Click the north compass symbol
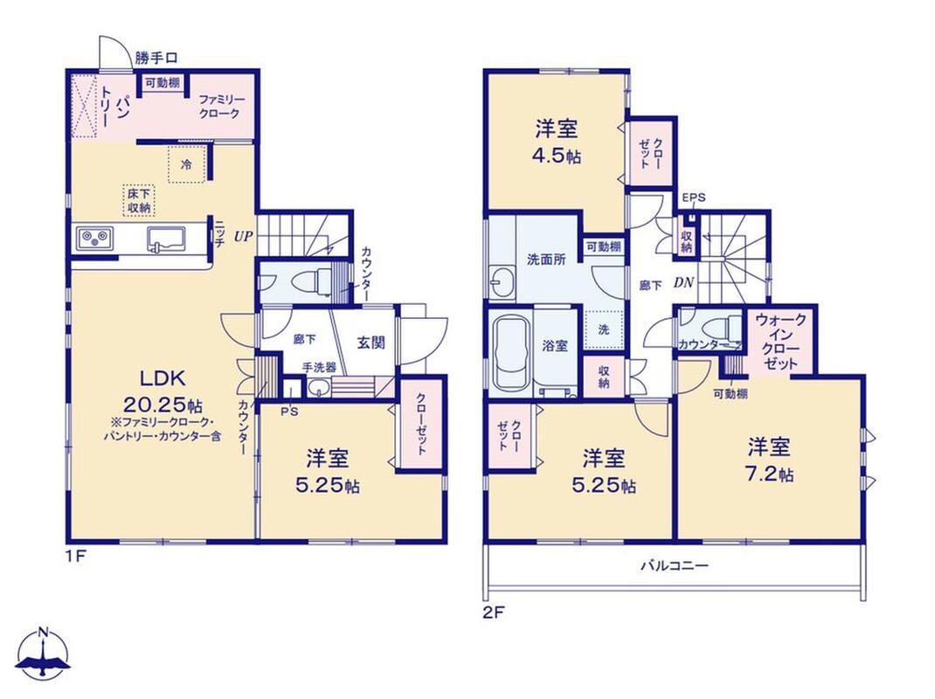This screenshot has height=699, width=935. [44, 653]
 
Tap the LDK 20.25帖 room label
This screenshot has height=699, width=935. [163, 391]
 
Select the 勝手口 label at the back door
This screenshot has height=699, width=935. [156, 59]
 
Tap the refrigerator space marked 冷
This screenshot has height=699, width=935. [187, 164]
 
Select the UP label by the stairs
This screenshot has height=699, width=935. [243, 236]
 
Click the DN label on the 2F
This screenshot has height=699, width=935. [684, 283]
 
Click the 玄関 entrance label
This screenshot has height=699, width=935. [371, 343]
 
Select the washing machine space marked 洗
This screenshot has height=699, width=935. [604, 329]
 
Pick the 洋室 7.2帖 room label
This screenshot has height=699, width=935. [770, 460]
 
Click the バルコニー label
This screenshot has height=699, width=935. [675, 564]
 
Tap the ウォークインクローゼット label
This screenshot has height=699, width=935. [780, 342]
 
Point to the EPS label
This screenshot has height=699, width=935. [694, 198]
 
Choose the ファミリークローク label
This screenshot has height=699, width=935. [219, 107]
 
